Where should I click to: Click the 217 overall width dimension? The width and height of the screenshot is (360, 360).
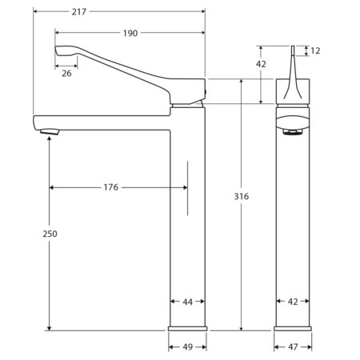[x=79, y=12]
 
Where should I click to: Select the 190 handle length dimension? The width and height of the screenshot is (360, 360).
[x=130, y=34]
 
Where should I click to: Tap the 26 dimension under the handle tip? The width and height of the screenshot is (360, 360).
[x=66, y=74]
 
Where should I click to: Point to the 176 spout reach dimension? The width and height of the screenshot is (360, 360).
[x=111, y=187]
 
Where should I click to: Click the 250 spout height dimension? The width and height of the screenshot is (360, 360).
[x=50, y=234]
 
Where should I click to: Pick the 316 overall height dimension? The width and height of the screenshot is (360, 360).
[x=242, y=197]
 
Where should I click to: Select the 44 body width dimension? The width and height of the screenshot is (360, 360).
[x=188, y=302]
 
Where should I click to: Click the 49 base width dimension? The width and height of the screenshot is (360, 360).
[x=188, y=347]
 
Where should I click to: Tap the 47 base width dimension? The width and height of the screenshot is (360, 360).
[x=293, y=347]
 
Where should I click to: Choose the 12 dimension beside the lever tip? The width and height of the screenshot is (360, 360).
[x=315, y=50]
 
